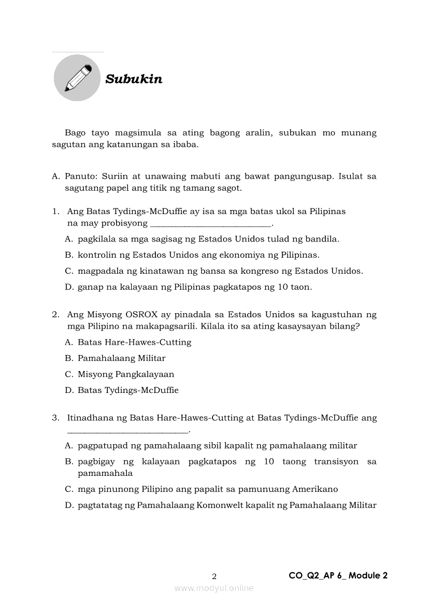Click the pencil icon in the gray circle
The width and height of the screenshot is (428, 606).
click(77, 78)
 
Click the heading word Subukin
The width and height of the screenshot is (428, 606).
click(134, 79)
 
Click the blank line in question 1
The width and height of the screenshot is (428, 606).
click(210, 225)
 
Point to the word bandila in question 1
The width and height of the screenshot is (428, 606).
click(324, 239)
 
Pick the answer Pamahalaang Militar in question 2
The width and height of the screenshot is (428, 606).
click(121, 358)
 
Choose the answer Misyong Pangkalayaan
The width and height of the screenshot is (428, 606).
click(126, 374)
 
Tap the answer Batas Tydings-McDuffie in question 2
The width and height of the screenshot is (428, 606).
click(128, 390)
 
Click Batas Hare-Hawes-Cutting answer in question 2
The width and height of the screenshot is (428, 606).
click(134, 342)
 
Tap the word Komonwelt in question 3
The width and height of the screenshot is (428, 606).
click(222, 505)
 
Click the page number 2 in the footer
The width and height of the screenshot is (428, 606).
click(214, 576)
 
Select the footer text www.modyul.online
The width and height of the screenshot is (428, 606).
click(214, 588)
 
